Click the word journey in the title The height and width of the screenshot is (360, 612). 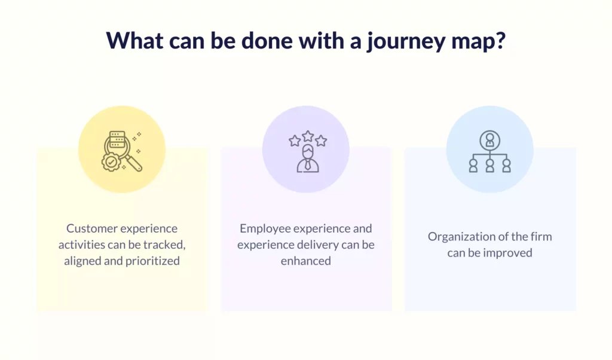[x=406, y=41]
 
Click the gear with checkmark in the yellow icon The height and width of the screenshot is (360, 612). [x=111, y=162]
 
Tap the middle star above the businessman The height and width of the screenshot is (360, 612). [x=308, y=136]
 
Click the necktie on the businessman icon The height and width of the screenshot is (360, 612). [x=308, y=164]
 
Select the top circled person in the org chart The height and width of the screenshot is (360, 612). [x=490, y=140]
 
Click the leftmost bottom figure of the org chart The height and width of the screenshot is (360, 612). [x=473, y=166]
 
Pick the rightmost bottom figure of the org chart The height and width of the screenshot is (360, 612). [x=507, y=166]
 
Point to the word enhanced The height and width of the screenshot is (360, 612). [x=305, y=261]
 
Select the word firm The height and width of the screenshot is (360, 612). [x=541, y=237]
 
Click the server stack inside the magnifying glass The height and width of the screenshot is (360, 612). [x=117, y=139]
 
